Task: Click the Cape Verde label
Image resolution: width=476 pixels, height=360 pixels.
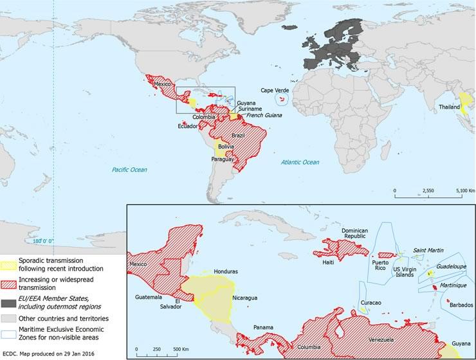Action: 274,91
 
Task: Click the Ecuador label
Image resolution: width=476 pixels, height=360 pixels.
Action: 188,126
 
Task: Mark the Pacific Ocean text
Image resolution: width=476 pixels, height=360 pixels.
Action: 129,170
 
